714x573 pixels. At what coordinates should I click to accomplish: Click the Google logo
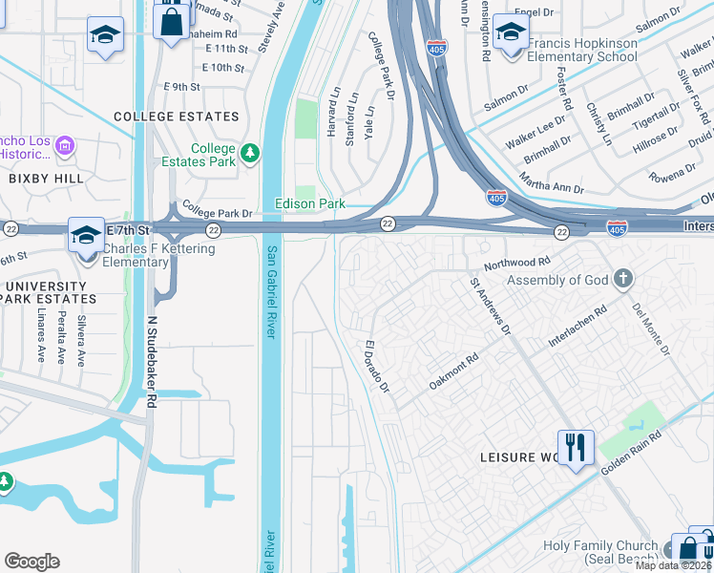pos(31,562)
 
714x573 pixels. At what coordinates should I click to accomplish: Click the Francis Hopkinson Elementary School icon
pos(512,34)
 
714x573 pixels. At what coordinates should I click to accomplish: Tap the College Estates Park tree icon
pos(250,153)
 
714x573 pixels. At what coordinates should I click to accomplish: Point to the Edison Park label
pos(309,203)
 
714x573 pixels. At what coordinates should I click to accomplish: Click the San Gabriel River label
pos(272,291)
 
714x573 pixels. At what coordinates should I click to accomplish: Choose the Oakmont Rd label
pos(453,371)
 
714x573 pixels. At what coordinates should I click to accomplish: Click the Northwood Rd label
pos(517,262)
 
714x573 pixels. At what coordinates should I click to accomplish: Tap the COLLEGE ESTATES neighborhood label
pos(176,117)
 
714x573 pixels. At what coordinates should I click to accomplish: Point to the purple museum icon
pos(65,146)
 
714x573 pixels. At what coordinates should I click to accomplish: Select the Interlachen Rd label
pos(577,327)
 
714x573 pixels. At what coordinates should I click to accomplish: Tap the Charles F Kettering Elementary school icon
pos(85,234)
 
